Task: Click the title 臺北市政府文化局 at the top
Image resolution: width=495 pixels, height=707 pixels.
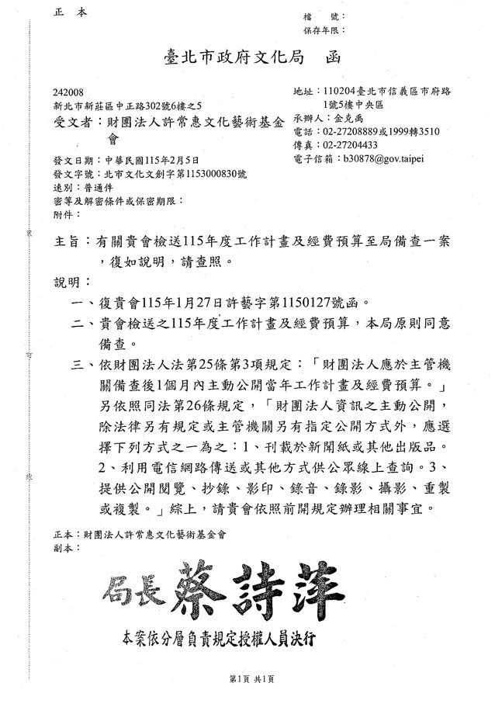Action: pos(234,56)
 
